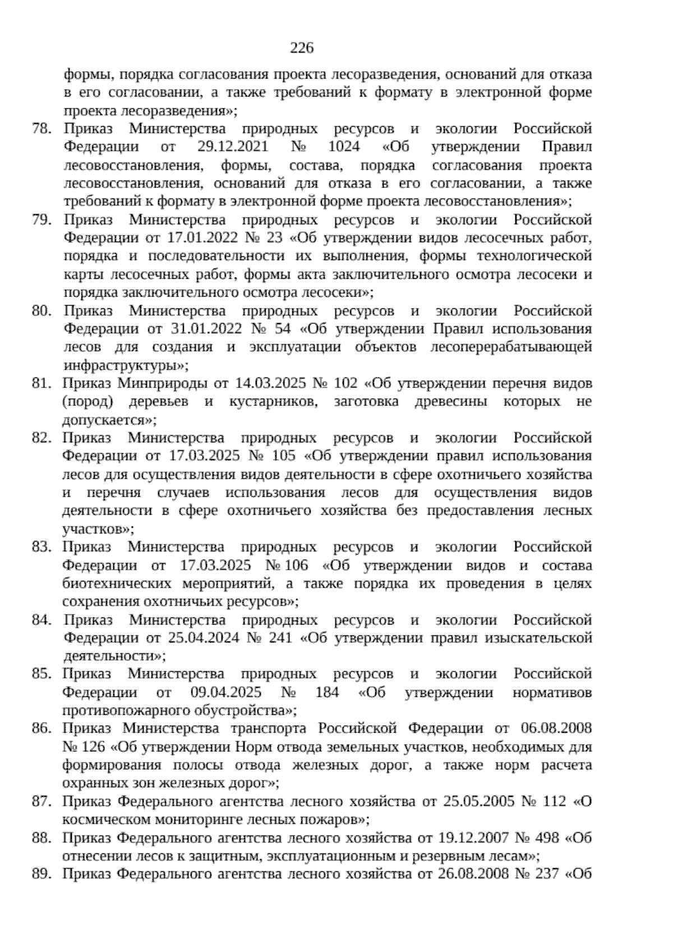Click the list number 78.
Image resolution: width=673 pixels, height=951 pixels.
[42, 129]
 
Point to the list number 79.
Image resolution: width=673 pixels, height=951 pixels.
[42, 220]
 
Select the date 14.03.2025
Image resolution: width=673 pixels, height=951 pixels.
[265, 384]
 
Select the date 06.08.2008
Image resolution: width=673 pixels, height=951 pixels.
[556, 729]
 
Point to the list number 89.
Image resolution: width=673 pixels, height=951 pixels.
[42, 874]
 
